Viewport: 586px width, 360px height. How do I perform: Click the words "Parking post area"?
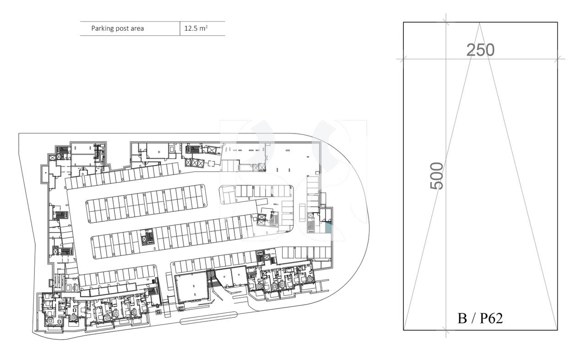tap(117, 28)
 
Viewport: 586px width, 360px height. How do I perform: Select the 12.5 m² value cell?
tap(195, 28)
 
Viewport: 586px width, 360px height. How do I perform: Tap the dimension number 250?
tap(480, 50)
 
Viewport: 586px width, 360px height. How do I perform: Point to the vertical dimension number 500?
tap(437, 176)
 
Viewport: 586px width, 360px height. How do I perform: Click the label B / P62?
tap(480, 318)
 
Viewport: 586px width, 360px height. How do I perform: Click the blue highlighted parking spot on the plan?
tap(328, 227)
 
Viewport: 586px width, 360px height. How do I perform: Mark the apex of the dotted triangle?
tap(479, 22)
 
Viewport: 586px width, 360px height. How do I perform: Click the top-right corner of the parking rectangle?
tap(557, 22)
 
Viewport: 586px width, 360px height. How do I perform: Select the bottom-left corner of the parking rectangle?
tap(403, 330)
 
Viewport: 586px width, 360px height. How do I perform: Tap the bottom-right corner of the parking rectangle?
tap(557, 330)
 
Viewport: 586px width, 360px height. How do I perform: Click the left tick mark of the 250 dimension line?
tap(403, 59)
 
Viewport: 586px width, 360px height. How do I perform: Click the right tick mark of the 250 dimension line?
tap(557, 59)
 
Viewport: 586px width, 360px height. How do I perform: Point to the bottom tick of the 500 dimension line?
tap(446, 330)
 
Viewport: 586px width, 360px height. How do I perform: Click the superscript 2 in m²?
tap(206, 27)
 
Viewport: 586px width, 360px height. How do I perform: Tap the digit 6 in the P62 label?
tap(489, 318)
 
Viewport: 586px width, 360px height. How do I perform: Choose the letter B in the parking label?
tap(462, 318)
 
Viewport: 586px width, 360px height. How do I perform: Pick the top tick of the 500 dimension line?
tap(446, 22)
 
